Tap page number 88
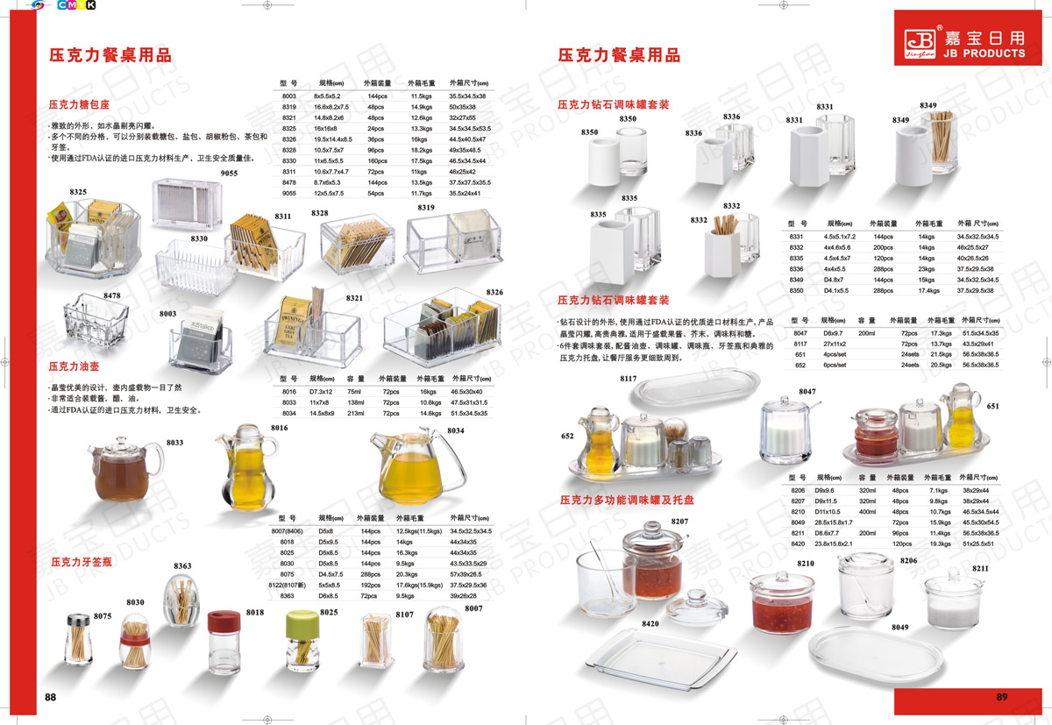tap(51, 697)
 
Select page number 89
tap(1002, 697)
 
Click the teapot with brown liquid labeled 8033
tap(126, 468)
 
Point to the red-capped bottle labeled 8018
tap(224, 643)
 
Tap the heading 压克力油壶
tap(75, 365)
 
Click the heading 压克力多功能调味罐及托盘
tap(627, 500)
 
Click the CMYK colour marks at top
tap(76, 5)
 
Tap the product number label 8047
tap(807, 391)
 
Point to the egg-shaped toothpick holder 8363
tap(182, 601)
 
